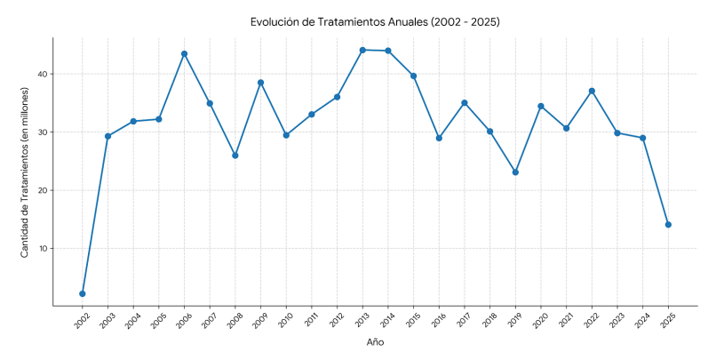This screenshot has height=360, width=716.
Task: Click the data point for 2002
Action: pyautogui.click(x=83, y=293)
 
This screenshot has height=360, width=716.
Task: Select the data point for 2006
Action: pyautogui.click(x=184, y=53)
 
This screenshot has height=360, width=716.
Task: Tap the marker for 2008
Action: pyautogui.click(x=235, y=156)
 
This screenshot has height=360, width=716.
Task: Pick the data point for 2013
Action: pyautogui.click(x=362, y=50)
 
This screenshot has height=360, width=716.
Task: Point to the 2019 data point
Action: pyautogui.click(x=515, y=172)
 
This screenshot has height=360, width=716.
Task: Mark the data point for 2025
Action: pyautogui.click(x=668, y=225)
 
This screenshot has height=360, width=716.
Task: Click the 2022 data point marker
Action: pyautogui.click(x=592, y=91)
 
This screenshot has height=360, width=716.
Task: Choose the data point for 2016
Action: pyautogui.click(x=439, y=138)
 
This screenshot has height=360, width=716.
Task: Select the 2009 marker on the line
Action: pyautogui.click(x=260, y=83)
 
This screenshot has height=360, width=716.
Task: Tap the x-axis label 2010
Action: pyautogui.click(x=286, y=322)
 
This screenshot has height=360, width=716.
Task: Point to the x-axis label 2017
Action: pyautogui.click(x=465, y=322)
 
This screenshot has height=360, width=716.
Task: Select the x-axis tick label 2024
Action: pyautogui.click(x=642, y=322)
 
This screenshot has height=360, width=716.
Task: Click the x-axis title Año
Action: pyautogui.click(x=375, y=342)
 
